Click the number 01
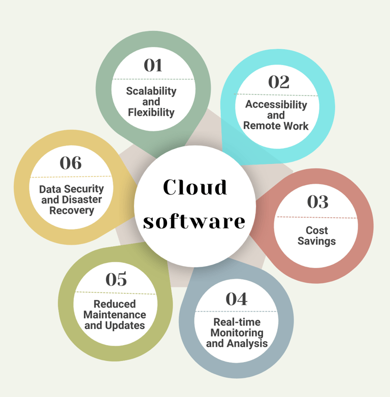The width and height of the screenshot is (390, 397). point(153,65)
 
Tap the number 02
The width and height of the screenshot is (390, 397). point(278,82)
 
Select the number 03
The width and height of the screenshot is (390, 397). point(318,202)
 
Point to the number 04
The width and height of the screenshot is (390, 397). point(236,299)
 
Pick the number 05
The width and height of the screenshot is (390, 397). point(116,279)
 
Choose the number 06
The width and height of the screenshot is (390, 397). point(71,162)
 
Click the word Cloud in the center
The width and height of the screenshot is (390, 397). point(194,187)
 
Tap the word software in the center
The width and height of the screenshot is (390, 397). point(194,221)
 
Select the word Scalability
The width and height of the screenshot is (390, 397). point(151,91)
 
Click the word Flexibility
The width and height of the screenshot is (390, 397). point(151,113)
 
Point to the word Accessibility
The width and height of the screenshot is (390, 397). point(276,105)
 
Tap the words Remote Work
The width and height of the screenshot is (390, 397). point(276,125)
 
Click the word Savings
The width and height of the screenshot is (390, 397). point(316,241)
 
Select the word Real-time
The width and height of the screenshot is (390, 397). point(237,322)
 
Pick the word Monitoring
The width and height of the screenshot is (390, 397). point(237,333)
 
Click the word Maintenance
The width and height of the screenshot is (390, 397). point(115,315)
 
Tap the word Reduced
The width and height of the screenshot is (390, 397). point(115,304)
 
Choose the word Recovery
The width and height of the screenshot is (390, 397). point(72,210)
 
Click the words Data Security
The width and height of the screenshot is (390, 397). point(72,189)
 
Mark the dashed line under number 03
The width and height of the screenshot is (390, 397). point(317,217)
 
